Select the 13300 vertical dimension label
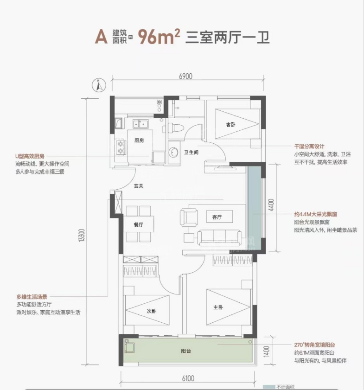pos(82,235)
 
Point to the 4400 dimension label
pos(272,205)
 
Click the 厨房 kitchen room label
pos(139,141)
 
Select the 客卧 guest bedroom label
pos(230,124)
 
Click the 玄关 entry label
pos(138,186)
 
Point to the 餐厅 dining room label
pos(138,224)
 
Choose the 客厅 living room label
pos(217,217)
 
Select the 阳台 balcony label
pos(186,351)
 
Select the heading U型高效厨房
pos(32,156)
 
